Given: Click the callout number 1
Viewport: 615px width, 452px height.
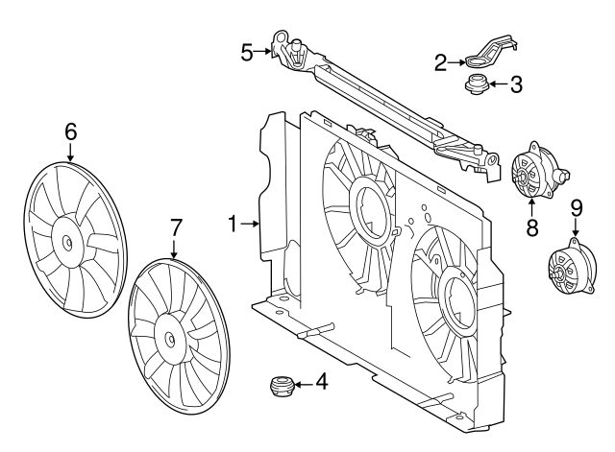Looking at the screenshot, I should [x=234, y=224].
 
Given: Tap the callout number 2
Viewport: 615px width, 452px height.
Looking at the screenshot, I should [x=440, y=62].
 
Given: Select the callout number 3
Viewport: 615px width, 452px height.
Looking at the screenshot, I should [x=516, y=84].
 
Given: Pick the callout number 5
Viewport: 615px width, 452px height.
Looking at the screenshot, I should [x=247, y=50].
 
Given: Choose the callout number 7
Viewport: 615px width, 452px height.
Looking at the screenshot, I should [x=175, y=227].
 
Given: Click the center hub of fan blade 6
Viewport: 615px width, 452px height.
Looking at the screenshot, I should [x=70, y=242].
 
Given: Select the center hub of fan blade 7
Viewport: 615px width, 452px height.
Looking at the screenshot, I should [x=171, y=337].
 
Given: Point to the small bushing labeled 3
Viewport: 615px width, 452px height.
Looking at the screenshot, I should [x=474, y=85].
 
